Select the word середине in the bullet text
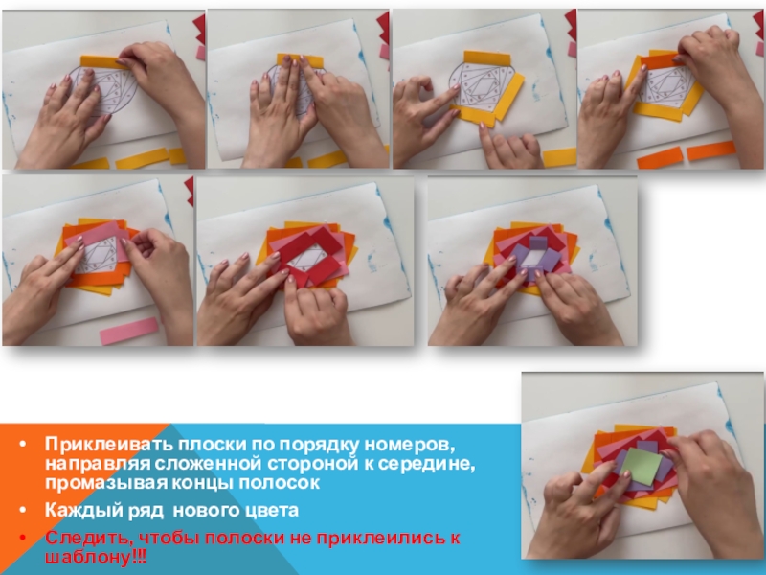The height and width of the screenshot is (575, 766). (426, 463)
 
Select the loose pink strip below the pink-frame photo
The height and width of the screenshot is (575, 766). (129, 331)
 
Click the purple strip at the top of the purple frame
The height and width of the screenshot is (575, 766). (539, 242)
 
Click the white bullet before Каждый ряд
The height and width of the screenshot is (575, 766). (23, 511)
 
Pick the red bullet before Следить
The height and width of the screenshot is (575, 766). (23, 539)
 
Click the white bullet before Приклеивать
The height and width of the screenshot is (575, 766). (23, 445)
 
